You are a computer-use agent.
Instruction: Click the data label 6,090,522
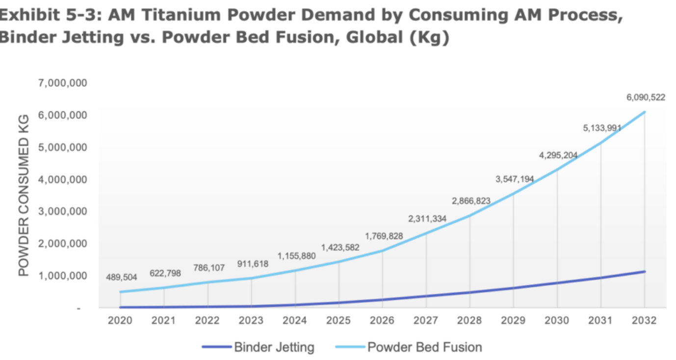coord(645,97)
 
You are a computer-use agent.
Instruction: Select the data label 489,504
coord(121,278)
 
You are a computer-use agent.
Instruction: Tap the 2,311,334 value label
coord(427,219)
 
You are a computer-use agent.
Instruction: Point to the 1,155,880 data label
coord(297,256)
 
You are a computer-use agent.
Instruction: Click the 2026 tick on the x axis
coord(382,321)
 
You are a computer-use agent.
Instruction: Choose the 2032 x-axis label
coord(644,321)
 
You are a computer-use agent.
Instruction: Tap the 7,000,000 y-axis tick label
coord(62,83)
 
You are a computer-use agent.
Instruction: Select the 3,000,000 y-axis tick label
coord(62,211)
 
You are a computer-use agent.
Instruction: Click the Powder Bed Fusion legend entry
coord(425,348)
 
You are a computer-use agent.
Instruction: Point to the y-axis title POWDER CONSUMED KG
coord(24,196)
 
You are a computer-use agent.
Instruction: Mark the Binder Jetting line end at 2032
coord(644,271)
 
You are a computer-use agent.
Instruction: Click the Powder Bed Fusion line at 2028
coord(470,215)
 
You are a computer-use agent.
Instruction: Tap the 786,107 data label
coord(208,268)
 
